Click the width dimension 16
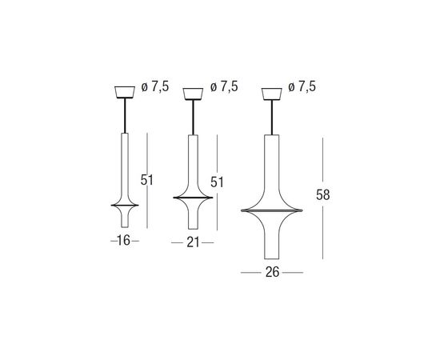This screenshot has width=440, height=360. tap(123, 241)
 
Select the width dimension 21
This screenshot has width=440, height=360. tap(193, 242)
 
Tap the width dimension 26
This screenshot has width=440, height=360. tap(273, 272)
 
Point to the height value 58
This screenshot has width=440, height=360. tap(322, 194)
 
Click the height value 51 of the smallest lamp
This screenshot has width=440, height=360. tap(147, 180)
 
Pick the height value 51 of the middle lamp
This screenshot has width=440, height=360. tap(217, 182)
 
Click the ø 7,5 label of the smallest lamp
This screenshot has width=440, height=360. tap(155, 86)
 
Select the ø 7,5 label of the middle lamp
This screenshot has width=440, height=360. tap(224, 86)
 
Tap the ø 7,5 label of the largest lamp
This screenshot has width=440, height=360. tap(302, 86)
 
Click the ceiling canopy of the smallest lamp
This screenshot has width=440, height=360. tap(125, 92)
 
